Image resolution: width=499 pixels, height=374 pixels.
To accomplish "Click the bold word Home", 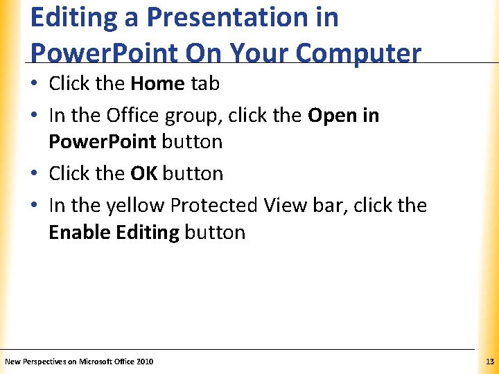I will pyautogui.click(x=157, y=84).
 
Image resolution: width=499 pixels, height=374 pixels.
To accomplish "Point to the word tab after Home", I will pyautogui.click(x=205, y=84).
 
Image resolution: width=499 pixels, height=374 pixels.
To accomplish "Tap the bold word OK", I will pyautogui.click(x=143, y=173).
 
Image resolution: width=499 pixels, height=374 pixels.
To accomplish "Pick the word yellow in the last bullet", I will pyautogui.click(x=132, y=206).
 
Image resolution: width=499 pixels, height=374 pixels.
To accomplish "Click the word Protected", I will pyautogui.click(x=215, y=206).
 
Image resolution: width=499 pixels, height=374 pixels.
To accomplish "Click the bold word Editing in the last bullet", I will pyautogui.click(x=148, y=232).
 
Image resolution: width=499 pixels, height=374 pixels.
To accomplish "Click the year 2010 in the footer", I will pyautogui.click(x=145, y=362).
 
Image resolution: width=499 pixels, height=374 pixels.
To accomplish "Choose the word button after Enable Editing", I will pyautogui.click(x=215, y=232).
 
